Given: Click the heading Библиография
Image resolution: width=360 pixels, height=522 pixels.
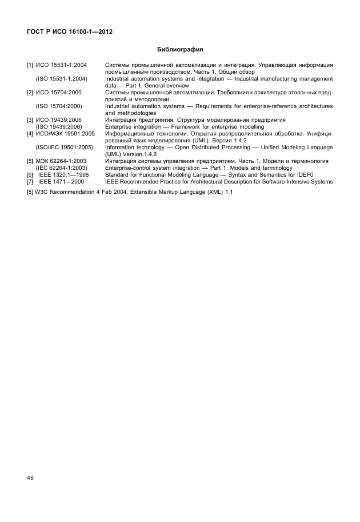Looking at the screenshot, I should pyautogui.click(x=180, y=50).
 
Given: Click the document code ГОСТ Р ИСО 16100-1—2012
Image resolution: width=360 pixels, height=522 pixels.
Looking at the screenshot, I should pyautogui.click(x=69, y=32).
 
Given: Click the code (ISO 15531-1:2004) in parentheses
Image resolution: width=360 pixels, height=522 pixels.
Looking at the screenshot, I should pyautogui.click(x=62, y=79).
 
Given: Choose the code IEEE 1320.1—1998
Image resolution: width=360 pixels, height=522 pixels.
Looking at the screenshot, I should pyautogui.click(x=63, y=175).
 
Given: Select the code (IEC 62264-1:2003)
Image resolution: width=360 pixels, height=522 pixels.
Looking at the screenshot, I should pyautogui.click(x=62, y=168).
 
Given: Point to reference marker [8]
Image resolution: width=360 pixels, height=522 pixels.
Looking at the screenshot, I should pyautogui.click(x=30, y=192).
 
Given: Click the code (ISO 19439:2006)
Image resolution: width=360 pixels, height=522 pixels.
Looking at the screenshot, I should pyautogui.click(x=62, y=126).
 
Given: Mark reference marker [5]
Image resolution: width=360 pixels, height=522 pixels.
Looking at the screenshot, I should pyautogui.click(x=30, y=161).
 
